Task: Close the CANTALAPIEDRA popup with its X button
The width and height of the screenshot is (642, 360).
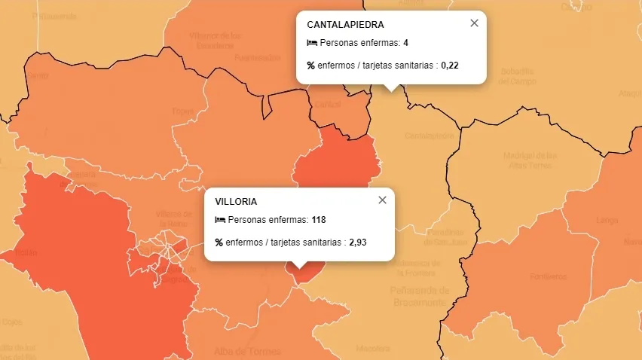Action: [x=474, y=23]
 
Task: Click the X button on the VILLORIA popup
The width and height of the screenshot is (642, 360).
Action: [x=382, y=200]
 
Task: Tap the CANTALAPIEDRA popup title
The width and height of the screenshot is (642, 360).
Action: [x=345, y=25]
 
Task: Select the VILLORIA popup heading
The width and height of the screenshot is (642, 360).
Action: [x=236, y=202]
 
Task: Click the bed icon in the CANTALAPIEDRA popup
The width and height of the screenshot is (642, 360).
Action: [x=311, y=43]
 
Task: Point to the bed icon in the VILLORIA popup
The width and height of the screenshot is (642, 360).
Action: [x=220, y=220]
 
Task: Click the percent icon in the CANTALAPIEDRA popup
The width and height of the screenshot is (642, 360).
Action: [x=311, y=66]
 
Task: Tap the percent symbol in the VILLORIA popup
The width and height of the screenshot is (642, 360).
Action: [x=219, y=243]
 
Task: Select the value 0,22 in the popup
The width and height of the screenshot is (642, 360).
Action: [x=450, y=66]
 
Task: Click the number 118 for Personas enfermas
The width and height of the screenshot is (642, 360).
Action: [x=318, y=220]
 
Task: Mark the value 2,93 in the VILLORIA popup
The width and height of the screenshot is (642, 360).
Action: [x=357, y=243]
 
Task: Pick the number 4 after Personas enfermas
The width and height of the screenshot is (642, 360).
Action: [x=405, y=43]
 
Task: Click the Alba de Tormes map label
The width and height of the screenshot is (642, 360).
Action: [x=248, y=352]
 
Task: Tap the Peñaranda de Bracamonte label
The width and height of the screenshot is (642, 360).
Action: [x=420, y=296]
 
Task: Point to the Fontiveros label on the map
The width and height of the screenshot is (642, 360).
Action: [x=548, y=276]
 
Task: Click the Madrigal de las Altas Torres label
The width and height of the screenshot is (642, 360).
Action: [x=530, y=160]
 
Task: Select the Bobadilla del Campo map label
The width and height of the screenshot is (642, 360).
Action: [x=518, y=76]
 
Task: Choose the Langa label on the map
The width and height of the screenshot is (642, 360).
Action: [x=607, y=220]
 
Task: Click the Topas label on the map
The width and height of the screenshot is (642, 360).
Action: [x=182, y=111]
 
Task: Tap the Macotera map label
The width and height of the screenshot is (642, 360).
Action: [x=373, y=349]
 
